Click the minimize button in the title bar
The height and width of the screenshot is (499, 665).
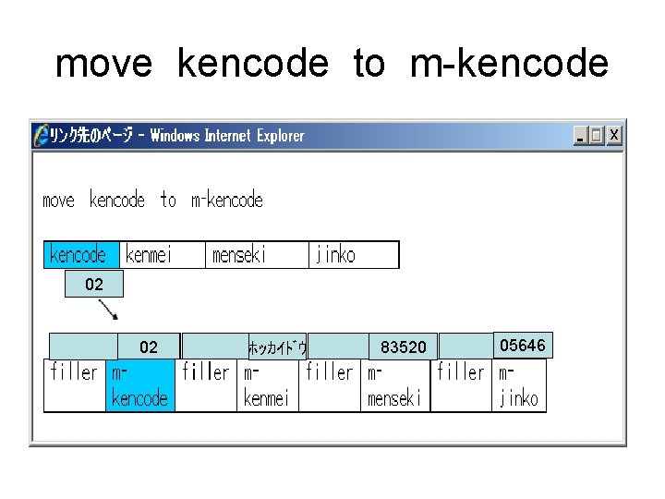click(580, 136)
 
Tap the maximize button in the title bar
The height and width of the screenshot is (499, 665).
click(597, 136)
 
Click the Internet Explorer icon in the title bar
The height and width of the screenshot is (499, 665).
click(41, 135)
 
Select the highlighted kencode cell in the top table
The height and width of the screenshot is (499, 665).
click(79, 255)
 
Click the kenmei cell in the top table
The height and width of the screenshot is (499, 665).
click(162, 255)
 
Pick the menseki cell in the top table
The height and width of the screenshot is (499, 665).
click(256, 255)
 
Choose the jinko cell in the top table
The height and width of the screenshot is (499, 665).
click(353, 255)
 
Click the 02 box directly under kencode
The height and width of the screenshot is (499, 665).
click(93, 285)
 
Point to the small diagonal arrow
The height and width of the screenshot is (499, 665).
click(108, 309)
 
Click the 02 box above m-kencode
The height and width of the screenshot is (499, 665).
click(148, 347)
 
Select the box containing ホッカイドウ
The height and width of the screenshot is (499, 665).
click(277, 347)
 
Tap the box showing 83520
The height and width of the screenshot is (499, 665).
click(404, 347)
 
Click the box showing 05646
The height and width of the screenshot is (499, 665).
click(523, 346)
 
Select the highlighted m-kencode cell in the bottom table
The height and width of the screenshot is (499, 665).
click(139, 385)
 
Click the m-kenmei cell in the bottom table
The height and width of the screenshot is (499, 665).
click(266, 385)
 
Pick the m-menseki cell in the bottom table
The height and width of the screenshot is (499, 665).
click(395, 385)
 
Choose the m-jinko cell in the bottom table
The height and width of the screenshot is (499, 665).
click(520, 385)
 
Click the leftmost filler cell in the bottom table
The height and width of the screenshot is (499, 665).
click(75, 385)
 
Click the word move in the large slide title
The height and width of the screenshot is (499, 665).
click(103, 64)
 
